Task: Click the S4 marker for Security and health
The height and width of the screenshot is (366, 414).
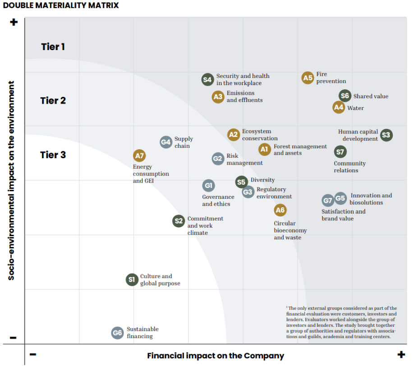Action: tap(207, 80)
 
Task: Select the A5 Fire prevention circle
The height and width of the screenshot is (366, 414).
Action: tap(308, 78)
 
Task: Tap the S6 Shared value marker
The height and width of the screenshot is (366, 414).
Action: tap(345, 96)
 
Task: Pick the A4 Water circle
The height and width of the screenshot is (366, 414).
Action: tap(339, 107)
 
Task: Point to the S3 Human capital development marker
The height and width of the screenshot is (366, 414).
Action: tap(386, 135)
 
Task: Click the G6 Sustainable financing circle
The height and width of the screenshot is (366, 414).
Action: tap(117, 333)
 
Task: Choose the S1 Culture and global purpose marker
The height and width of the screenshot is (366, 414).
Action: tap(132, 279)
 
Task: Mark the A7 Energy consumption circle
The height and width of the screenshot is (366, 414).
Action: tap(140, 156)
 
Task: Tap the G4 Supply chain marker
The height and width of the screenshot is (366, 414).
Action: tap(166, 142)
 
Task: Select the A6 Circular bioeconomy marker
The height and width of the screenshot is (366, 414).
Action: tap(280, 210)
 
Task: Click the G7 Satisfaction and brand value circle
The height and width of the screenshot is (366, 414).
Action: tap(328, 201)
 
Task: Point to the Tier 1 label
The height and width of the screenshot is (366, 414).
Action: tap(53, 46)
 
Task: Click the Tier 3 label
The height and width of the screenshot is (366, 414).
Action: tap(53, 155)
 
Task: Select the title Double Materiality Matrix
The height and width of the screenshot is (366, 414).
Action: tap(61, 5)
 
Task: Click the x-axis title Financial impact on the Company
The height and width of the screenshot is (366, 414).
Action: tap(216, 356)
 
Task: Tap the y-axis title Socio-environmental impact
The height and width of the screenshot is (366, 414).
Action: tap(12, 180)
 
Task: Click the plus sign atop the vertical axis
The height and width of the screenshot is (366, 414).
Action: tap(14, 22)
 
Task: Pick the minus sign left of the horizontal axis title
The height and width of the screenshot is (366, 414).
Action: tap(33, 354)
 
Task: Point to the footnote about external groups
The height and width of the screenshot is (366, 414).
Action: tap(341, 322)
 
